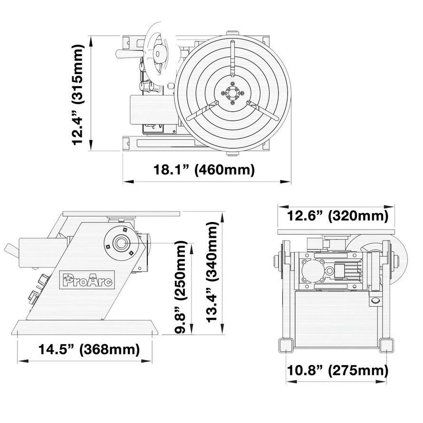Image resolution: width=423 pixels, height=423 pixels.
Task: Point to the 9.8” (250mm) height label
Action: [x=181, y=287]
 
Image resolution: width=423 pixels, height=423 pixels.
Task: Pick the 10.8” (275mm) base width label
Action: [x=337, y=370]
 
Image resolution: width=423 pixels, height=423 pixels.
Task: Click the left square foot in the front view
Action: [x=286, y=345]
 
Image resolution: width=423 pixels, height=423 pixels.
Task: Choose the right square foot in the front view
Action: [x=387, y=345]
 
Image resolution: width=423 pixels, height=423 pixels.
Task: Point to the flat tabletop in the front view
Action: [x=336, y=231]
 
